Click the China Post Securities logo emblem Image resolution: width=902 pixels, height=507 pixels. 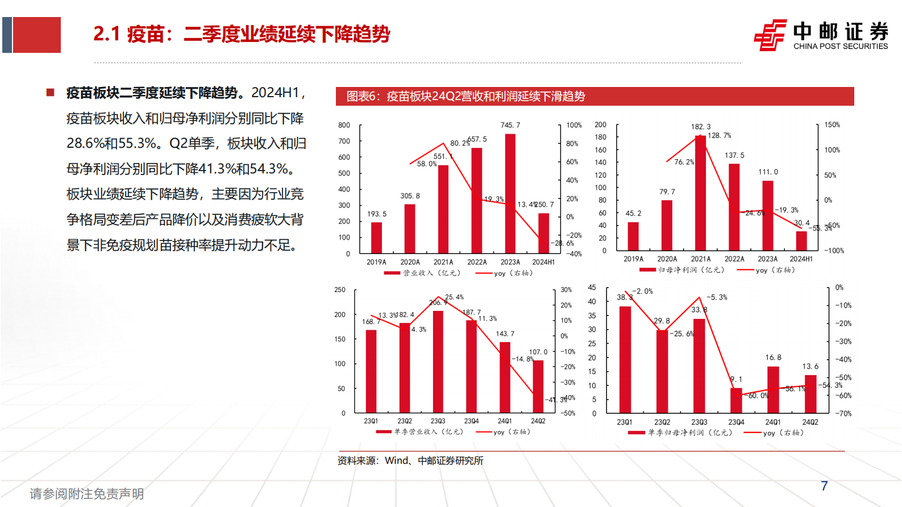click(770, 35)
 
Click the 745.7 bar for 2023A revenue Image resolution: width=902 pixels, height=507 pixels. click(510, 193)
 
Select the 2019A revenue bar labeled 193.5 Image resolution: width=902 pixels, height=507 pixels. click(376, 238)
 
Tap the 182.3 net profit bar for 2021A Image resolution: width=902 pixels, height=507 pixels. click(700, 193)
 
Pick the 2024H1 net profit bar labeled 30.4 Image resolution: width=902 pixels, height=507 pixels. click(801, 241)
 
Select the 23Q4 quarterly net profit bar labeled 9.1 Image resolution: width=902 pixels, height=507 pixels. click(736, 400)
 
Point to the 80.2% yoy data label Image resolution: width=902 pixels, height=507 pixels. click(460, 143)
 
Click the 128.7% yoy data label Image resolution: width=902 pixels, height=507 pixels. click(720, 136)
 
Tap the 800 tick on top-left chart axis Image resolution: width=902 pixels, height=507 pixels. click(344, 125)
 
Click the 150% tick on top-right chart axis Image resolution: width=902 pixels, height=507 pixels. click(832, 124)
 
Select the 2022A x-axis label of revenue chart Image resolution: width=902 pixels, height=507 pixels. click(477, 262)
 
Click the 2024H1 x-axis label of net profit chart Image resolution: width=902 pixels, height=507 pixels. click(801, 259)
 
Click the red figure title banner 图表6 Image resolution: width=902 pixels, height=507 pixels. click(595, 96)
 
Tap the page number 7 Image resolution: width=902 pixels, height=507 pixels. click(824, 486)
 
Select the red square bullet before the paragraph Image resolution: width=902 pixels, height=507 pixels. click(51, 92)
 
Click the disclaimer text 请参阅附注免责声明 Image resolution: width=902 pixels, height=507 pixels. click(86, 493)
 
